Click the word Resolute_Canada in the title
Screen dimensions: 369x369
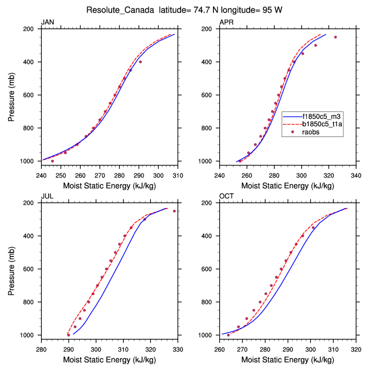114,10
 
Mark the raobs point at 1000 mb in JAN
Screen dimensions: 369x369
52,161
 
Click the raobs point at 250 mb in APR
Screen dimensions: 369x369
335,37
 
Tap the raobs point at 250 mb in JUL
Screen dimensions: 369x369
174,211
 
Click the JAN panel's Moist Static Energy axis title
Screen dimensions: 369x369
109,185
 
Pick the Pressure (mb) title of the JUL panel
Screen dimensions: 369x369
12,269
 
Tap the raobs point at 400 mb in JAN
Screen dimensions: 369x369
140,61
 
